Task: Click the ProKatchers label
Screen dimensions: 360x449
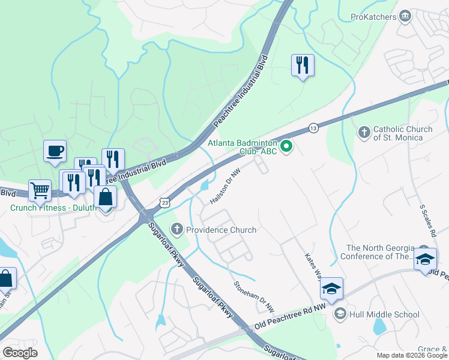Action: pos(373,16)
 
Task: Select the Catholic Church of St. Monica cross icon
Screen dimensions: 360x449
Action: pos(364,132)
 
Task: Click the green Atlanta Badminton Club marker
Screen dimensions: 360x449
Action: pos(286,146)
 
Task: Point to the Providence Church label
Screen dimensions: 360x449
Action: pos(221,230)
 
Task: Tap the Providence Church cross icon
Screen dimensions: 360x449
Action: pos(176,229)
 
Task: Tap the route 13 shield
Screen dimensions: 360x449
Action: pos(313,128)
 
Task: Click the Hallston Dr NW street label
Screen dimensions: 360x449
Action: pos(226,188)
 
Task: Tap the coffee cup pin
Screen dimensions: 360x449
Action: pos(55,151)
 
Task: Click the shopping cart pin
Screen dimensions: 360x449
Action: pos(40,190)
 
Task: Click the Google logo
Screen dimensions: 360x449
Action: pos(20,353)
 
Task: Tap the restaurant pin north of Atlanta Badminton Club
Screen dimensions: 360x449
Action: pos(303,65)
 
